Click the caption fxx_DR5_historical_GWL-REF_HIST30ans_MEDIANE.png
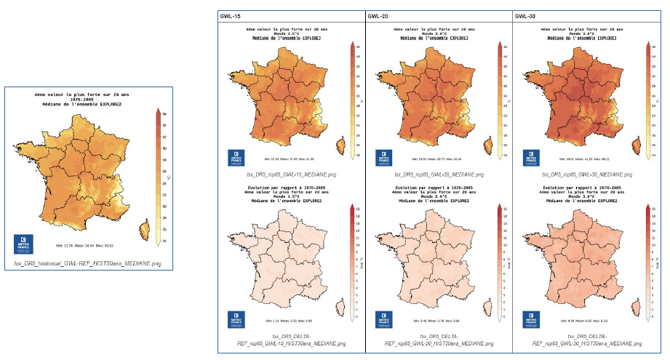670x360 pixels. click(x=88, y=262)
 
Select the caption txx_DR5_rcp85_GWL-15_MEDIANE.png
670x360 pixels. click(x=292, y=175)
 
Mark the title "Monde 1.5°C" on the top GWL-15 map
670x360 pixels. click(x=291, y=34)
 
